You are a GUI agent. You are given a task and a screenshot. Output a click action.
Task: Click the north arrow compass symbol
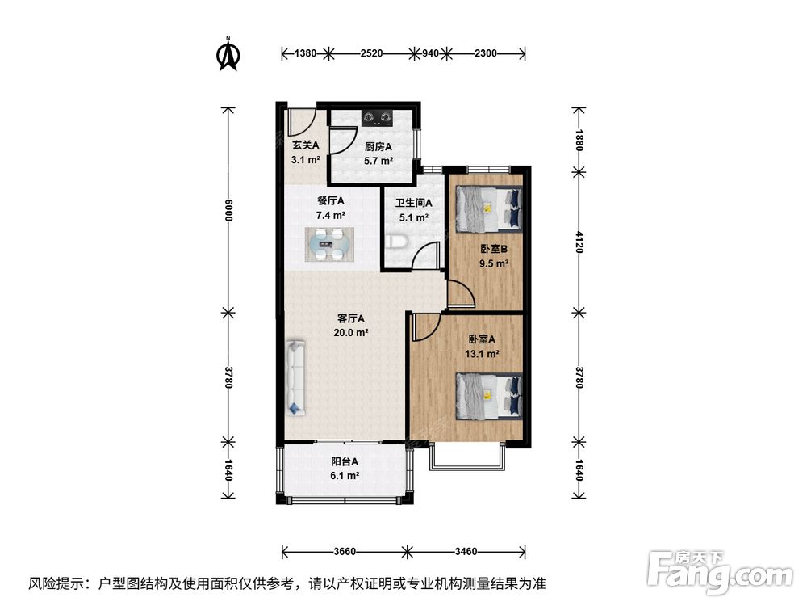[228, 53]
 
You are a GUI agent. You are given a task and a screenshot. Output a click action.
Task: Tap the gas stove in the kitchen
[377, 119]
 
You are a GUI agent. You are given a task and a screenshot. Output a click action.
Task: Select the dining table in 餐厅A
[329, 244]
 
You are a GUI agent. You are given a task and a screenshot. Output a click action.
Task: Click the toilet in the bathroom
[396, 241]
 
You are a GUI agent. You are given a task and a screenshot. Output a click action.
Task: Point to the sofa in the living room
[295, 377]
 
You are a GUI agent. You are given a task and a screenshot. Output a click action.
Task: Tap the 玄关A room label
[306, 145]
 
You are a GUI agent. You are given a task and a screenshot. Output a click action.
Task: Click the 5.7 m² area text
[378, 161]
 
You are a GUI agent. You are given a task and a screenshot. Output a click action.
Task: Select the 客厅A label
[351, 318]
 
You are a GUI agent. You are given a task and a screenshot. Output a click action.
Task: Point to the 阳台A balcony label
[345, 461]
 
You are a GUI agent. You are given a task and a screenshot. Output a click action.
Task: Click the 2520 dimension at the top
[371, 53]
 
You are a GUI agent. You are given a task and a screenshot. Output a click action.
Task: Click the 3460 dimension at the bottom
[466, 551]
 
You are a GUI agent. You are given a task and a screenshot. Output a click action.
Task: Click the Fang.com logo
[720, 571]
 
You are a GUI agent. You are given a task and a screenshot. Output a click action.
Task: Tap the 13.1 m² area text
[482, 354]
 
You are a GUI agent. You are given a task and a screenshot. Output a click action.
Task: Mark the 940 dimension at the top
[430, 53]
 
